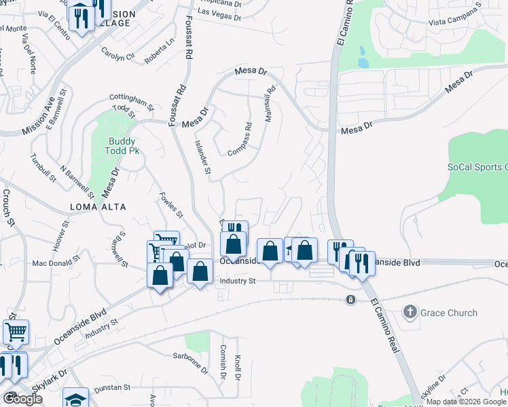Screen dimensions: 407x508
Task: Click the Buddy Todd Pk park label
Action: (x=124, y=146)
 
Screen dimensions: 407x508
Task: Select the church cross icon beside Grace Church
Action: (x=410, y=313)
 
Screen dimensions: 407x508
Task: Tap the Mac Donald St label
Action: (x=57, y=261)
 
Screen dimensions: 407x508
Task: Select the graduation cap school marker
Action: (x=76, y=398)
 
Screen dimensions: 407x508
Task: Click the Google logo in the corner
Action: (x=22, y=398)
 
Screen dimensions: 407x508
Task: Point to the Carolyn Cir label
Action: (x=117, y=55)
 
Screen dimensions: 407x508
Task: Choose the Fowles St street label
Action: (x=170, y=205)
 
